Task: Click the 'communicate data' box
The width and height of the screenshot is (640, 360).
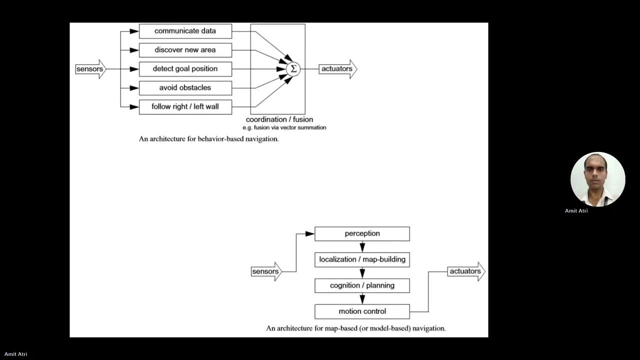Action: (x=185, y=31)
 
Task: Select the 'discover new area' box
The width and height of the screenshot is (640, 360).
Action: (x=185, y=50)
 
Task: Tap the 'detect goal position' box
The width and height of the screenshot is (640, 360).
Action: (x=185, y=69)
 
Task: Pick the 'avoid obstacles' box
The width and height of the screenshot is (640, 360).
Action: (x=185, y=88)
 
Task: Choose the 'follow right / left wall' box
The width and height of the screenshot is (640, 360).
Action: (x=185, y=106)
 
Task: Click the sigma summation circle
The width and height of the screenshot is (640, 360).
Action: (x=293, y=69)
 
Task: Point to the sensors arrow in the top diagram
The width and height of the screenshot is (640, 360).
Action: (x=90, y=69)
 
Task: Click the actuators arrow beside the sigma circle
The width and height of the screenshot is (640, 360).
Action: (x=337, y=69)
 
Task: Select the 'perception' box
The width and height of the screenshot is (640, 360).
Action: (x=362, y=233)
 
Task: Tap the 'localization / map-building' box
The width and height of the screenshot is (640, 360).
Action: (x=362, y=259)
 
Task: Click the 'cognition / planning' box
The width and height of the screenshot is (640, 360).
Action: (x=362, y=285)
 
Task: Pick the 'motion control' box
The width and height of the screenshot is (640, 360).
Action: (x=362, y=311)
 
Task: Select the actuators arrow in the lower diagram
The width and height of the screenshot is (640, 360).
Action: (x=465, y=271)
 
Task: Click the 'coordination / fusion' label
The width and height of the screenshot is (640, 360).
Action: (x=279, y=119)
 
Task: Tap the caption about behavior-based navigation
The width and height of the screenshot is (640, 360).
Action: (x=208, y=139)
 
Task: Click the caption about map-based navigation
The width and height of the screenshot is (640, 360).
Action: (x=355, y=328)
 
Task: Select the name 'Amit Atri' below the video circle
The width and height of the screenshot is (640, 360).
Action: (x=576, y=211)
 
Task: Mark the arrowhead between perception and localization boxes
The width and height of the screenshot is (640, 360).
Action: (x=362, y=247)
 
